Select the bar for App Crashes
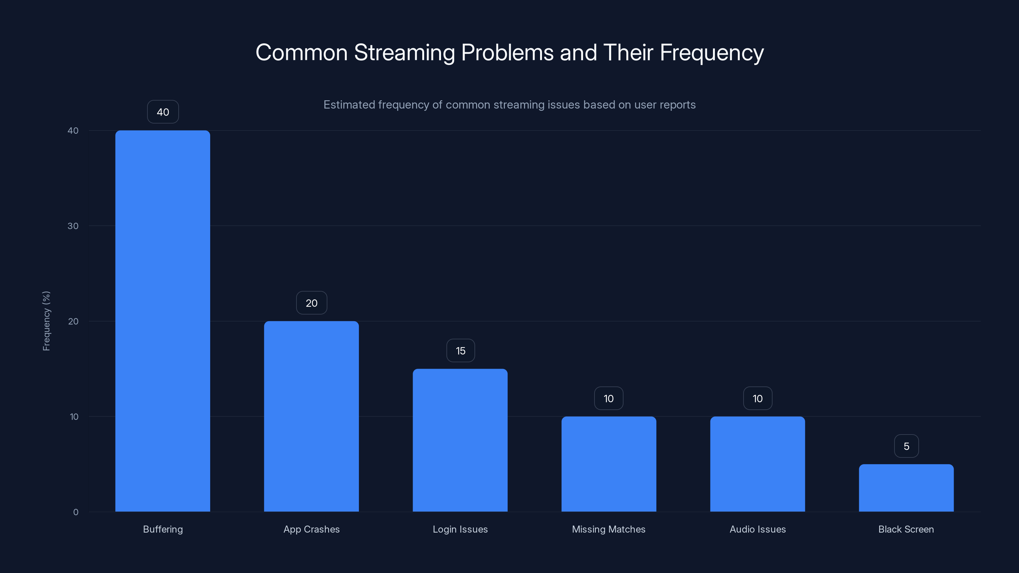[x=311, y=416]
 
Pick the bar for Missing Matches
[x=609, y=463]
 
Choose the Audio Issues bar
[x=758, y=463]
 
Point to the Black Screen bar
[x=906, y=488]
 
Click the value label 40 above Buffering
[x=163, y=112]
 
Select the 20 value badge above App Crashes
[x=312, y=303]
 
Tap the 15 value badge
[x=460, y=351]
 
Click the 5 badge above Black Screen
[x=907, y=446]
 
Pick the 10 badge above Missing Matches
[x=609, y=399]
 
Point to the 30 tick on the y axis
[x=73, y=226]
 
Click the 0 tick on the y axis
[x=75, y=512]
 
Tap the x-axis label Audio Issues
[x=758, y=529]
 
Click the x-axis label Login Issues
[x=460, y=529]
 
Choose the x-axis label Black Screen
[x=906, y=529]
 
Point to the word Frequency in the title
[x=712, y=53]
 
